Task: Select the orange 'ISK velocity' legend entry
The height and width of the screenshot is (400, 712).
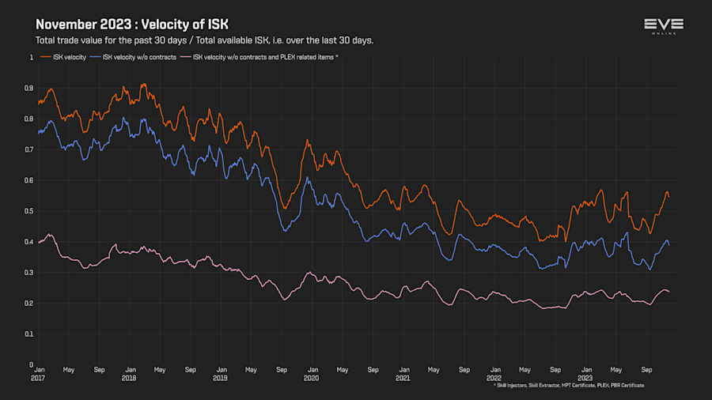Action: [x=68, y=57]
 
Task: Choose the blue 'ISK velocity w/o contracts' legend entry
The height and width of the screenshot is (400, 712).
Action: [x=136, y=57]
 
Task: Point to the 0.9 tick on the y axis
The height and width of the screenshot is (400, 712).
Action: [x=28, y=88]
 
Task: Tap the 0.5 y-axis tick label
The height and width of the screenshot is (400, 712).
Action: [x=28, y=211]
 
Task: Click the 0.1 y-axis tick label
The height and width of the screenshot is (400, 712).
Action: [x=28, y=334]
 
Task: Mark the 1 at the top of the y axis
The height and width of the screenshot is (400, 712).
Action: [x=31, y=57]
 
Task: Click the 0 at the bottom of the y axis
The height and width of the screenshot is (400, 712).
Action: [x=31, y=364]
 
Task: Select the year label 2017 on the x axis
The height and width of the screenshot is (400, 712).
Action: [x=38, y=378]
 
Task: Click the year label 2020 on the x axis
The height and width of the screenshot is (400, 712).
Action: [x=312, y=378]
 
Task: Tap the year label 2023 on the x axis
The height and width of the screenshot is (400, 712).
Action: [x=585, y=378]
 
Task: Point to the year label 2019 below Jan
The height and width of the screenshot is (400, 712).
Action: [x=221, y=378]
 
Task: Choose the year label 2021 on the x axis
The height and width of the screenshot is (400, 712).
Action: [x=403, y=378]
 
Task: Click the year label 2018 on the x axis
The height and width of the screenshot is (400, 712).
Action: [x=129, y=378]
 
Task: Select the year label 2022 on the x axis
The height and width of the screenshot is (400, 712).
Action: [x=494, y=378]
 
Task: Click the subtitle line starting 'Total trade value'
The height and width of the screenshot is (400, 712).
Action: [x=204, y=40]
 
